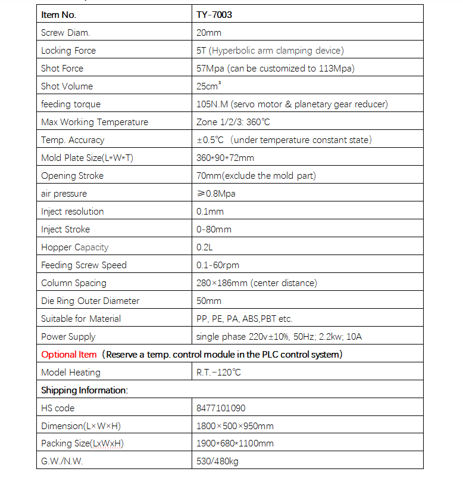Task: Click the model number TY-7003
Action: coord(214,15)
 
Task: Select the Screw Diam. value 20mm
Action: coord(209,33)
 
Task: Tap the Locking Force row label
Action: coord(68,51)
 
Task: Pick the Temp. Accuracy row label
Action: coord(73,140)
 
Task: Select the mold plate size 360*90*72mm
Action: coord(225,158)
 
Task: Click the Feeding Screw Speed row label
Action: coord(84,265)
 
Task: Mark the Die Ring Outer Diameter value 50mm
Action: coord(209,301)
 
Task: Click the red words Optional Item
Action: coord(68,355)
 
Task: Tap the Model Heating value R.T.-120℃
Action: coord(218,373)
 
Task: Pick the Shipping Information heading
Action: coord(85,390)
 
